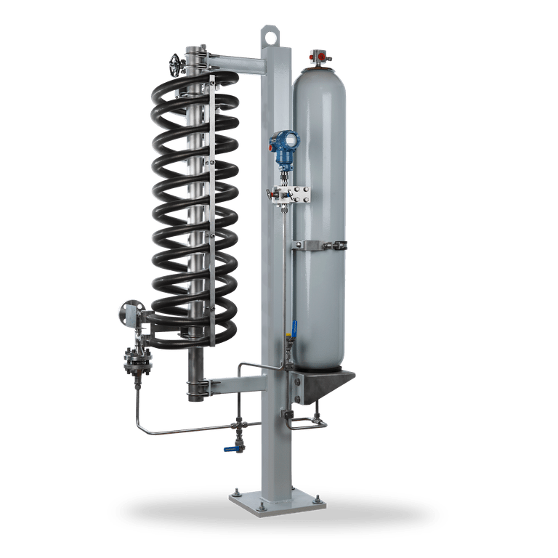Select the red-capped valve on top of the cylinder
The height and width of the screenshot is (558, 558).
click(318, 54)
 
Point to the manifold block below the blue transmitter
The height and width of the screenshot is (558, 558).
click(288, 194)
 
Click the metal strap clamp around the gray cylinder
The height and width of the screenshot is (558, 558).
click(320, 246)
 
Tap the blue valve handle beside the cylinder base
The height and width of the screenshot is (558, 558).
click(295, 328)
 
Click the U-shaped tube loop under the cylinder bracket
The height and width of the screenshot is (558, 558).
click(304, 419)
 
